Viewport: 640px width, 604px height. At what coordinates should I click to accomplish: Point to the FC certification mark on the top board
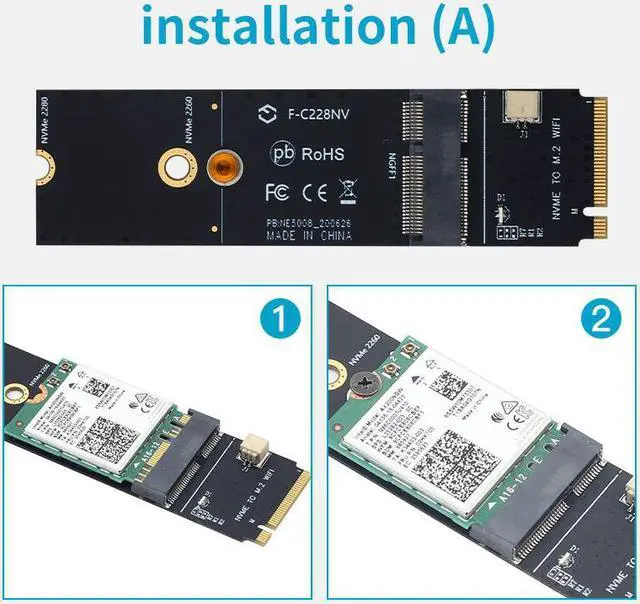pos(277,189)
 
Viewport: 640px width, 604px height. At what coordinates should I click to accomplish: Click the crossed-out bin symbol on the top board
pos(349,188)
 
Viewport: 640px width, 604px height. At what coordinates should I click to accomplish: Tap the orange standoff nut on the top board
pos(223,166)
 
